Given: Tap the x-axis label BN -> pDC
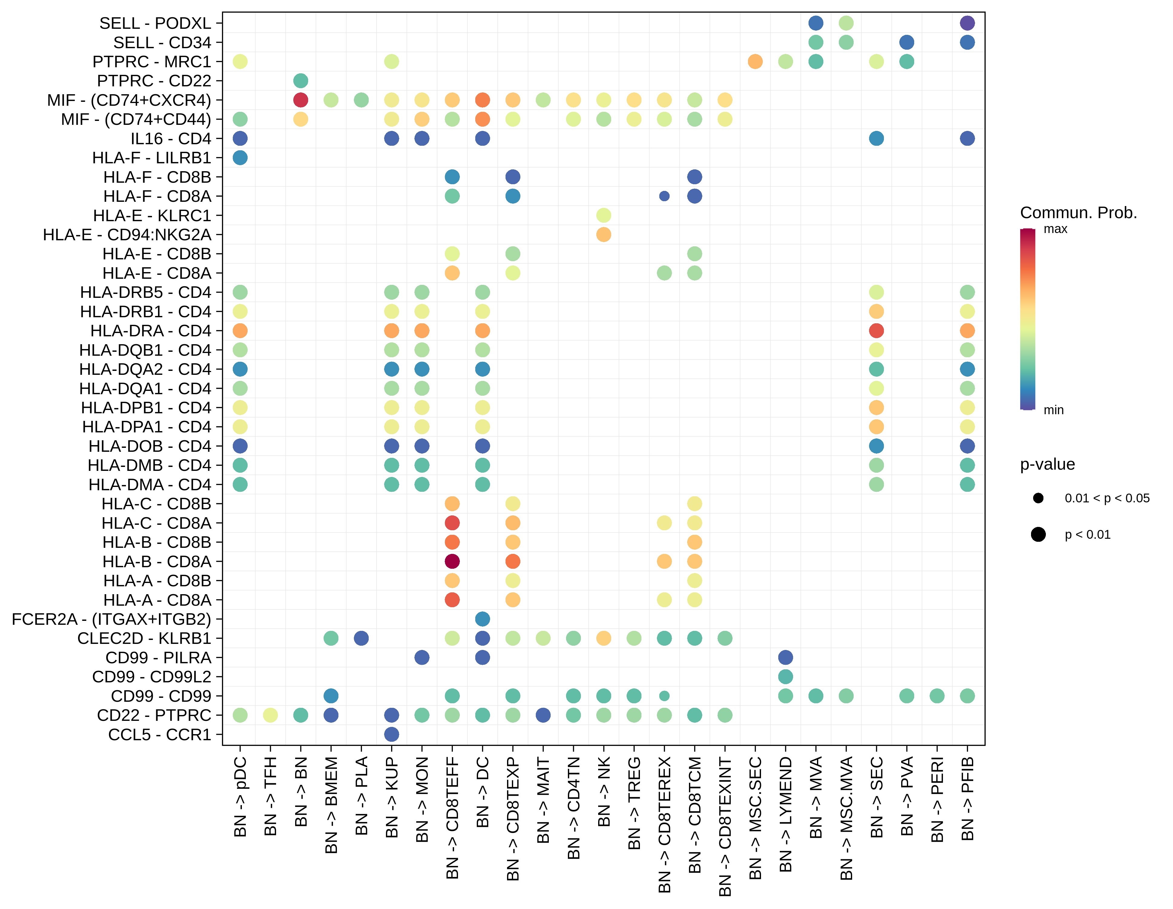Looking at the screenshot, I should pos(240,797).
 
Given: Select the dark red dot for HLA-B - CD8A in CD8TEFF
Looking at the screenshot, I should pos(452,561).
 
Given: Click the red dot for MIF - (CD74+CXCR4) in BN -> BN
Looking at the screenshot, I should pos(301,100).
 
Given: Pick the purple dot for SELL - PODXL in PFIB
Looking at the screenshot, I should pos(967,23).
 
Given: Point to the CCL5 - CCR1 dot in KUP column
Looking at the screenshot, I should pos(391,734).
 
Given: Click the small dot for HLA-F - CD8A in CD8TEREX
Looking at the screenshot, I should pos(664,196).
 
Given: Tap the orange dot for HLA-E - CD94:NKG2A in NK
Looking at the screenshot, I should pos(604,235).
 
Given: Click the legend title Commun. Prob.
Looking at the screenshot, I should pos(1079,213).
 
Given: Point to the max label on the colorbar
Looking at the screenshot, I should pos(1055,229).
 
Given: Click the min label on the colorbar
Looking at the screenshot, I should pos(1053,410).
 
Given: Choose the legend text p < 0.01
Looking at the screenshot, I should pos(1087,534).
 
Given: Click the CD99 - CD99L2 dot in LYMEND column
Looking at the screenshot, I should pos(785,677).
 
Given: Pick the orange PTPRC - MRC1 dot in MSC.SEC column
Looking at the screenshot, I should pos(755,61).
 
